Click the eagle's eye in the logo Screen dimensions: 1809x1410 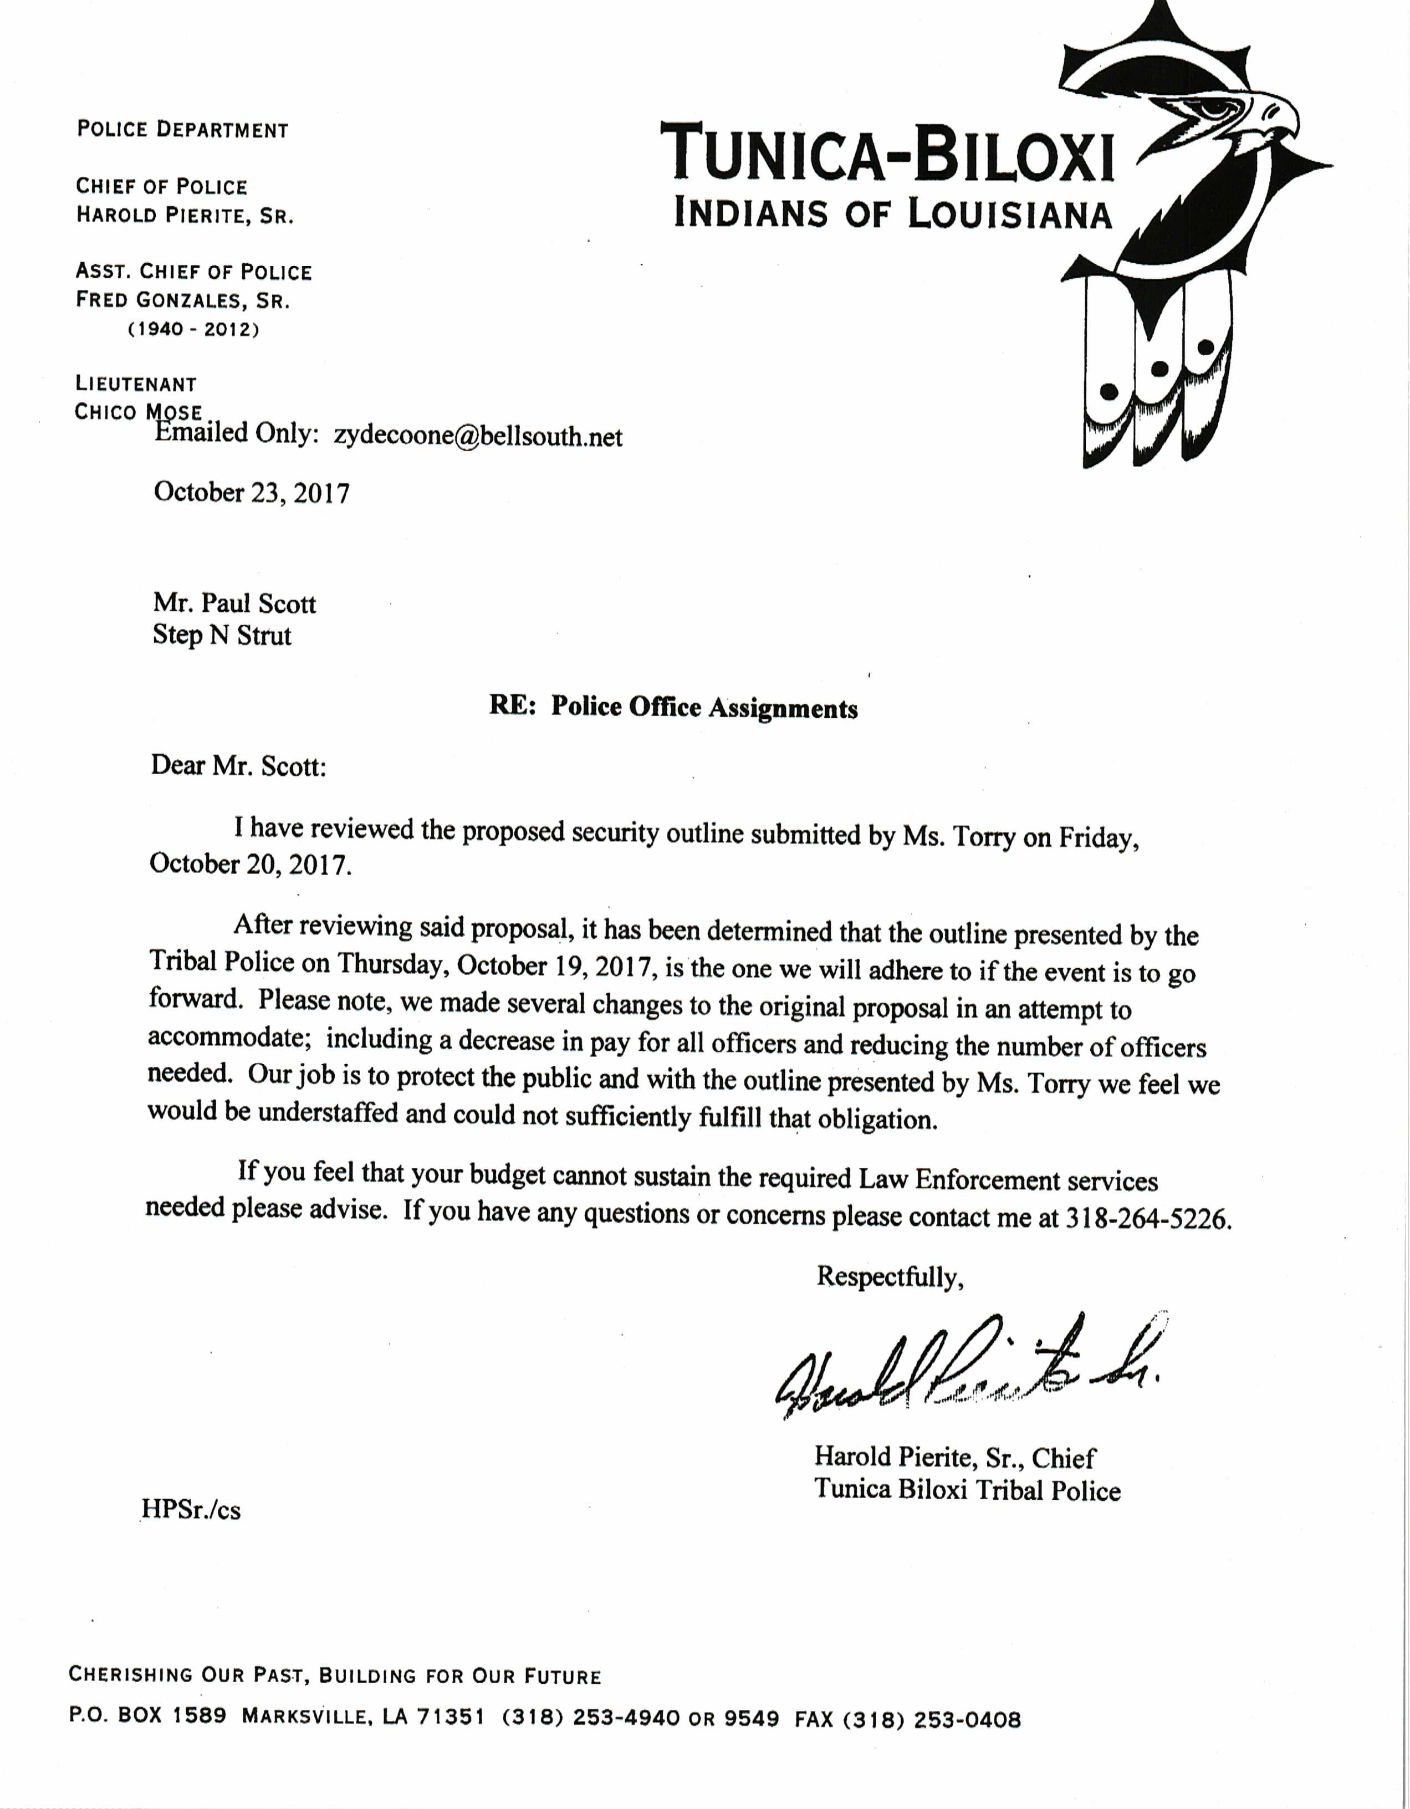(x=1215, y=107)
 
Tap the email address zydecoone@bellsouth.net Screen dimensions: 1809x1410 (x=478, y=437)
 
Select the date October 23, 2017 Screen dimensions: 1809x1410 (x=252, y=493)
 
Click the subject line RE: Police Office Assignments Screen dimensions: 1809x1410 (x=673, y=707)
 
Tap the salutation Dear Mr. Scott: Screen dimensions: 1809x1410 (x=238, y=765)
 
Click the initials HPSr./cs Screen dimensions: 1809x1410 (x=191, y=1510)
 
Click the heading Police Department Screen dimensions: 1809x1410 (x=182, y=130)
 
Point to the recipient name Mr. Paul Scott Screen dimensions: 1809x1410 (x=234, y=603)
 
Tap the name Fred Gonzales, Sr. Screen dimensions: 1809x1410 (x=183, y=300)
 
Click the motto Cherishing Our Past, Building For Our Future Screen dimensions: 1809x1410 (x=335, y=1677)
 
